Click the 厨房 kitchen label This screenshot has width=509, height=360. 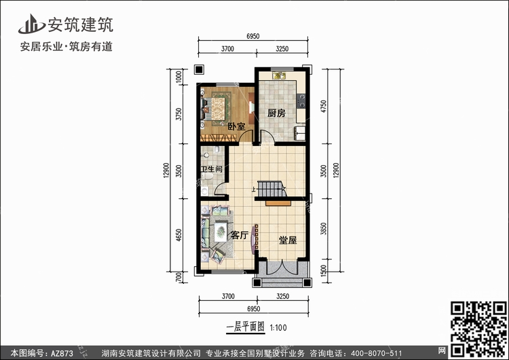tap(276, 113)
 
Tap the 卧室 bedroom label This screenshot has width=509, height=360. tap(236, 126)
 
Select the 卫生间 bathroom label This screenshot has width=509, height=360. tap(211, 169)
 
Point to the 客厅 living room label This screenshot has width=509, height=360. tap(240, 235)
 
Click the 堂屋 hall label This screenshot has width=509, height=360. tap(288, 240)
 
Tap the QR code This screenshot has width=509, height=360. tap(479, 329)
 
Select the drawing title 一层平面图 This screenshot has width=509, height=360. tap(246, 327)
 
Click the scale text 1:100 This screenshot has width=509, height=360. tap(278, 327)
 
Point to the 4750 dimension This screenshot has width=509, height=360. tap(324, 107)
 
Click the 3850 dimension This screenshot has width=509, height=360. tap(323, 229)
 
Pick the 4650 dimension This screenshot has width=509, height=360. tap(178, 235)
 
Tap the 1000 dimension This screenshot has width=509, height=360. tap(178, 77)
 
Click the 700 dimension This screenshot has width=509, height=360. tap(178, 277)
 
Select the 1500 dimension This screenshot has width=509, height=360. tap(323, 271)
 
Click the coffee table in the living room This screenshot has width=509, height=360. tap(221, 231)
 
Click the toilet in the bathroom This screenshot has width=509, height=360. tap(207, 176)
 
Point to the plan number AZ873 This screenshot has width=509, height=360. tap(62, 353)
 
